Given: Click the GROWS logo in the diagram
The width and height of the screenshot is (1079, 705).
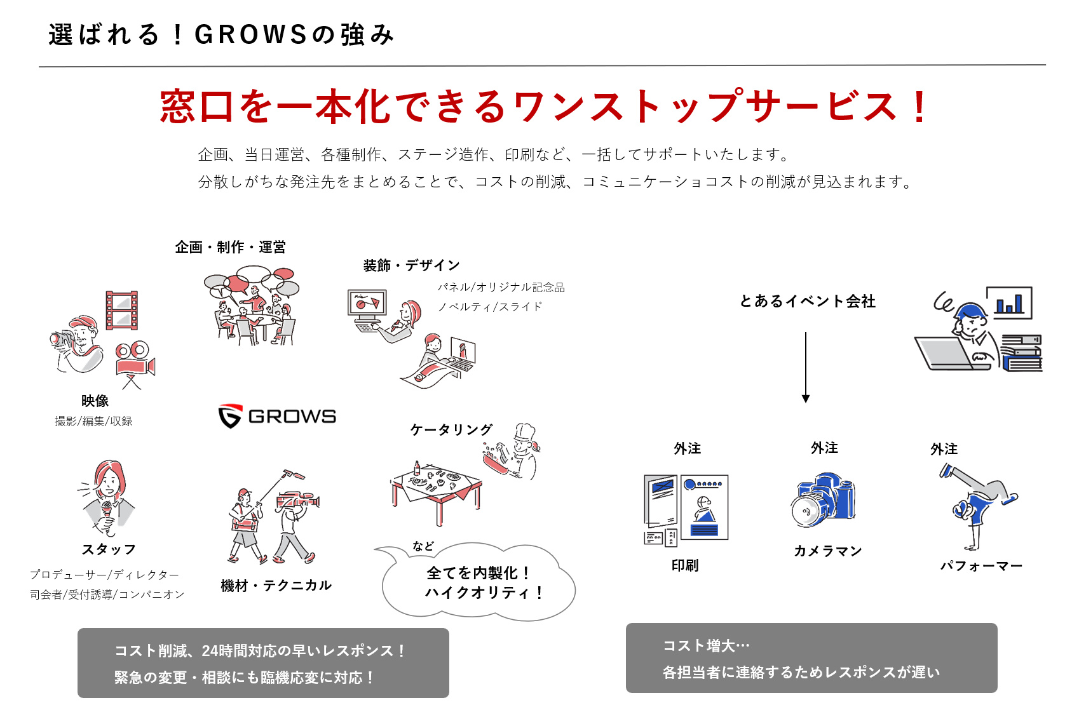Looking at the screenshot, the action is tap(277, 416).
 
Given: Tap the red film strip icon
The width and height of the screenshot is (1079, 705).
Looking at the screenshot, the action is tap(122, 310).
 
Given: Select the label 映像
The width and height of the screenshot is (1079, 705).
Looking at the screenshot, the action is tap(95, 401).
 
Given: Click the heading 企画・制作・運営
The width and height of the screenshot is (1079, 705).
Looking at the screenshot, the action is tap(230, 247).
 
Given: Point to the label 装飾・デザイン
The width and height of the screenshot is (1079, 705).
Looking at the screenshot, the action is tap(411, 265).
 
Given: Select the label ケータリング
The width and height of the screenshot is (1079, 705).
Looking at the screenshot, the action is tap(451, 429).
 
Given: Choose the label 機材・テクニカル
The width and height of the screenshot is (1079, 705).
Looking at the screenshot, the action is tap(276, 586).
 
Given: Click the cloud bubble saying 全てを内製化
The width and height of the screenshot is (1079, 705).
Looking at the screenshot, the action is tap(478, 582).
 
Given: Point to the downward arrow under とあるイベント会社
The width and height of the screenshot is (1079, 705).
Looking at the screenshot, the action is tap(805, 367).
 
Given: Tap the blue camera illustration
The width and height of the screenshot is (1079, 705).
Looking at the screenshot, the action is tap(823, 499).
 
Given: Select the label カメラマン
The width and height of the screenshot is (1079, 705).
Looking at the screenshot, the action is tap(827, 551).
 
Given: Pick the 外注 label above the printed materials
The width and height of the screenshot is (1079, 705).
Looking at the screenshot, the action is tap(688, 448).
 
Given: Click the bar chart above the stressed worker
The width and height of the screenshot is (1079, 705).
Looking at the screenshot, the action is tap(1009, 303).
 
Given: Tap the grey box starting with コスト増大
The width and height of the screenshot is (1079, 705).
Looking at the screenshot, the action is tap(811, 658).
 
